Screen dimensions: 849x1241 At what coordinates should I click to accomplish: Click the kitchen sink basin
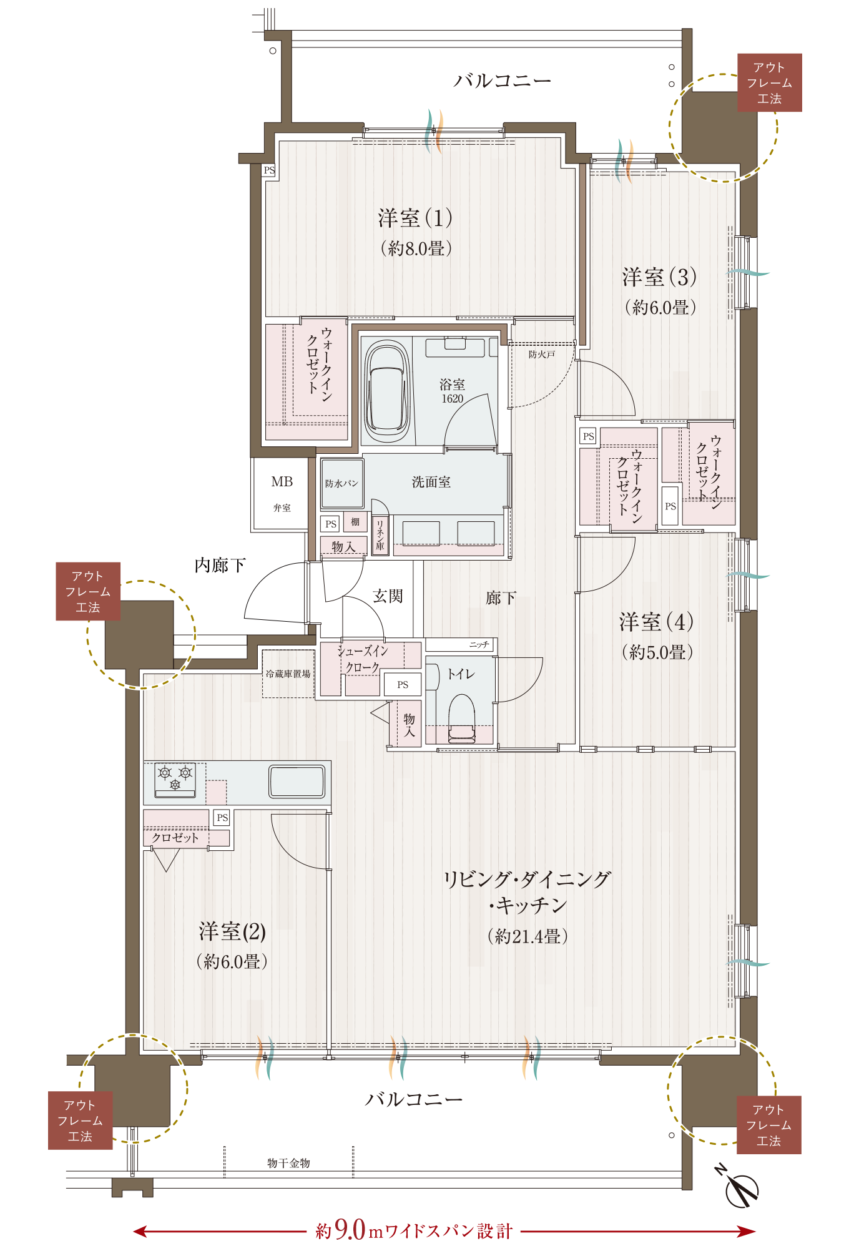[x=297, y=781]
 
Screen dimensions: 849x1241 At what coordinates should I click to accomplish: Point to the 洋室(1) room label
[x=415, y=218]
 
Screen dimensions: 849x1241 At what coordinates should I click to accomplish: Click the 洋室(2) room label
[x=232, y=931]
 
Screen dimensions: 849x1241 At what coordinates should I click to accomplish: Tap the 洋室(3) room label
[x=659, y=277]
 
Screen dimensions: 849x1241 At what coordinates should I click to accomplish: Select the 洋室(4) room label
[x=657, y=622]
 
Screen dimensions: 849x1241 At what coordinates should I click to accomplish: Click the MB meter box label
[x=282, y=481]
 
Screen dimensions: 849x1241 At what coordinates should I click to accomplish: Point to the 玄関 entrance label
[x=388, y=596]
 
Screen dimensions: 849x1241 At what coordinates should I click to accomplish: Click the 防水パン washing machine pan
[x=342, y=484]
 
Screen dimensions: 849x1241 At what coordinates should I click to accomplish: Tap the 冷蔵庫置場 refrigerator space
[x=288, y=674]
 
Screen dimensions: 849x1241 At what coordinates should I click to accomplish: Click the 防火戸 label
[x=541, y=355]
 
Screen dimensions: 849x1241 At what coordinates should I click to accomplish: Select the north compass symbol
[x=740, y=1186]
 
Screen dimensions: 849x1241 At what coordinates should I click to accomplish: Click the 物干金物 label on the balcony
[x=288, y=1163]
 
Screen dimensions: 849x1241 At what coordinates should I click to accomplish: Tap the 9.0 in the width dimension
[x=350, y=1229]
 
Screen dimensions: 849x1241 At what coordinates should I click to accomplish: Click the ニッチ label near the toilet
[x=479, y=644]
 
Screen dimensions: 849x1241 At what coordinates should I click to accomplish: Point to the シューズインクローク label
[x=362, y=659]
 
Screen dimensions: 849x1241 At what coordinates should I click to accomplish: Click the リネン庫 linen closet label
[x=380, y=535]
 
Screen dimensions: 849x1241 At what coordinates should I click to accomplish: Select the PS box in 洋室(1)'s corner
[x=269, y=170]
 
